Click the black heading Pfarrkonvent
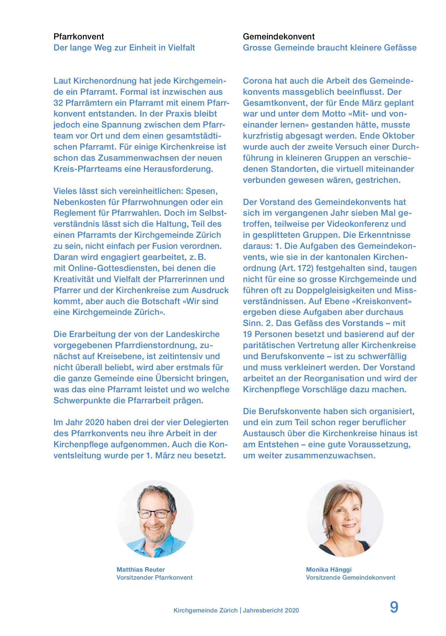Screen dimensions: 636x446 point(79,37)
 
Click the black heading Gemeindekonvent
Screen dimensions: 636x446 point(279,37)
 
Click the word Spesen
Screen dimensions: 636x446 point(201,191)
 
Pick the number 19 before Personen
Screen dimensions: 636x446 point(247,334)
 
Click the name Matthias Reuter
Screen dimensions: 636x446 point(141,570)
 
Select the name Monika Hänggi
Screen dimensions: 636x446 point(328,570)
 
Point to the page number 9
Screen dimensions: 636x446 point(394,607)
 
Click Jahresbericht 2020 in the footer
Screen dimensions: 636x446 point(271,610)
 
